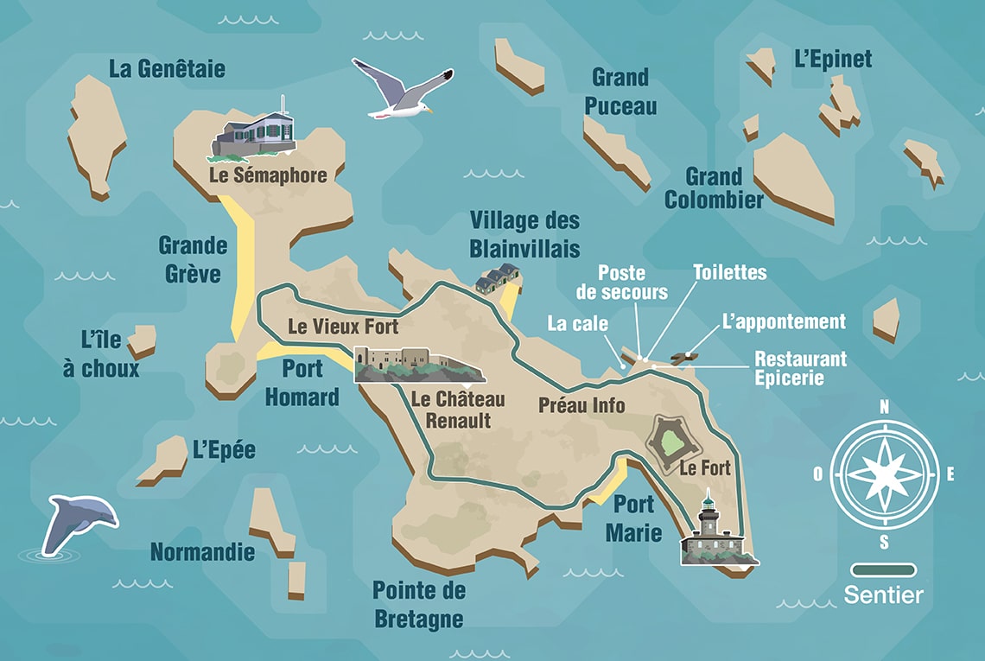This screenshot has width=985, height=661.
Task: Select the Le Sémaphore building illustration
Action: (254, 137)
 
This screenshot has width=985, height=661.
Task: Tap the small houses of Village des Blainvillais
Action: (498, 278)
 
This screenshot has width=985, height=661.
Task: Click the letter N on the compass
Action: (884, 407)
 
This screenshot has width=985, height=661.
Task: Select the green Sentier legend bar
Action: (883, 570)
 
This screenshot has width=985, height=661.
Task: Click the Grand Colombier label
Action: (714, 188)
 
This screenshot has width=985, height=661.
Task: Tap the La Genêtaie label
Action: (167, 69)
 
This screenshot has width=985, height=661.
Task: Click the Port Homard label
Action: (302, 382)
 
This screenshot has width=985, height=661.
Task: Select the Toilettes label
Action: (729, 272)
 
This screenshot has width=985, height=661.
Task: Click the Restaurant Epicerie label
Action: (800, 368)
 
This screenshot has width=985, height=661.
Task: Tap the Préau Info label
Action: (581, 404)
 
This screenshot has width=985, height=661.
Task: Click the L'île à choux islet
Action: (143, 340)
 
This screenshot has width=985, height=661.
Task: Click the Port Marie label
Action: (638, 518)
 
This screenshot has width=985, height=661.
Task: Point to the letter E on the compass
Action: (950, 474)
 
